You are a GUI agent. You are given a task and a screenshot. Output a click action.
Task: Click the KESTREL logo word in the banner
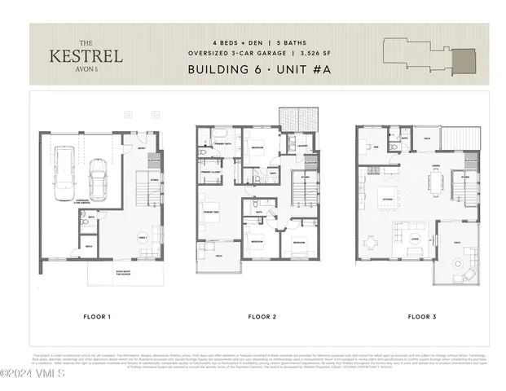74,57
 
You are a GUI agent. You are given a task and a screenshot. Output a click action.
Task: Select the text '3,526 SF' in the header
306,55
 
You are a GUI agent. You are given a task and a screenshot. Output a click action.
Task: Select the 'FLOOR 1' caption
97,316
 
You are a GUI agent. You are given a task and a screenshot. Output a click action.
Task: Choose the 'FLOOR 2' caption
260,316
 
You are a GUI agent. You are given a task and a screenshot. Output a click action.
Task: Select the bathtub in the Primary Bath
220,134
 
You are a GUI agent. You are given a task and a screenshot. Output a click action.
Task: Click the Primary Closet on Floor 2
209,171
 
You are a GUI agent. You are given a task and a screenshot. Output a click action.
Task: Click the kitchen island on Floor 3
386,196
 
